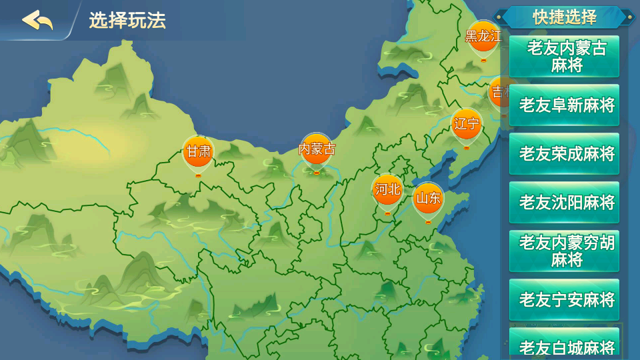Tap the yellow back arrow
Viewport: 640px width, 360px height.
(x=37, y=21)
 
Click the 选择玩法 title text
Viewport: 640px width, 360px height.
(x=127, y=21)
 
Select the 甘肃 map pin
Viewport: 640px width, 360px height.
(x=198, y=153)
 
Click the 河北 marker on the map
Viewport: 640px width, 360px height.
(x=387, y=191)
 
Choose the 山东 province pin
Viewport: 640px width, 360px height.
(x=427, y=200)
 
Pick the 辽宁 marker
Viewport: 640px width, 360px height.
(x=466, y=126)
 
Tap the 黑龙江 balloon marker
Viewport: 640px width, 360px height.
(x=483, y=38)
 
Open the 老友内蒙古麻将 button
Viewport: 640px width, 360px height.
(x=565, y=57)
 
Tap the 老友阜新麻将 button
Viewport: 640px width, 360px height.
(x=565, y=105)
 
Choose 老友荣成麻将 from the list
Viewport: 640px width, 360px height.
(x=565, y=154)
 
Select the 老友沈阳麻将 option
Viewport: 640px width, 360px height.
(x=565, y=203)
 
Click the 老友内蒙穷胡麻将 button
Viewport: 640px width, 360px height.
(x=565, y=251)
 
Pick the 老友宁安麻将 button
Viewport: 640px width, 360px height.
(x=565, y=300)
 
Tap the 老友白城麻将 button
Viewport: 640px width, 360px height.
(x=565, y=346)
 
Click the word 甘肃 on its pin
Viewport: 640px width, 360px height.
(x=198, y=151)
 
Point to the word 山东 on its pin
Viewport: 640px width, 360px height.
(x=427, y=198)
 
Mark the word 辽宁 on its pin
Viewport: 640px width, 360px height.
(x=466, y=123)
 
